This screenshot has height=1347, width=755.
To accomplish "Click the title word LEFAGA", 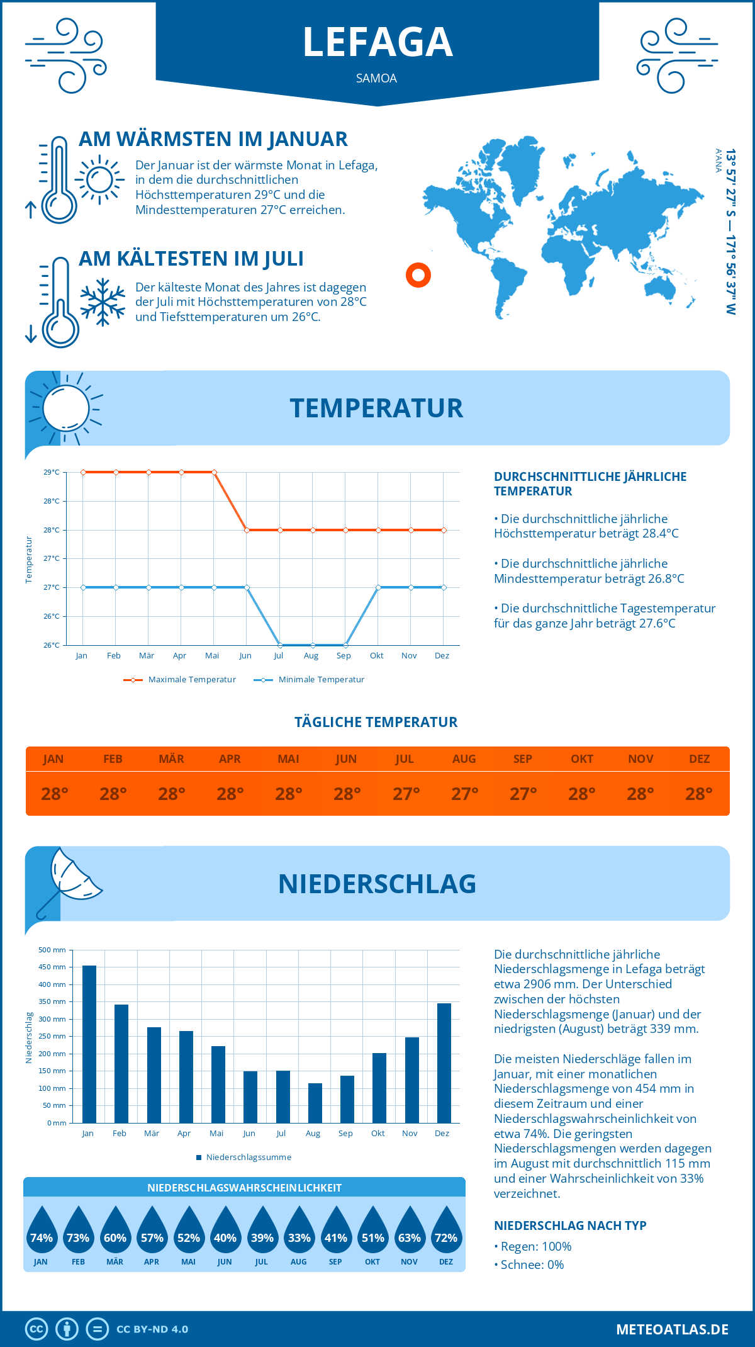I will (377, 43).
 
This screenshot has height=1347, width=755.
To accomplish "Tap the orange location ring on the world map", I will (418, 275).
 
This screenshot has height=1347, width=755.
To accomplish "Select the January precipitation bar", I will (89, 1044).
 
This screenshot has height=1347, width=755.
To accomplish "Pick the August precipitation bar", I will (315, 1102).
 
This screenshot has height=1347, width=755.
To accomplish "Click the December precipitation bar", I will (444, 1062).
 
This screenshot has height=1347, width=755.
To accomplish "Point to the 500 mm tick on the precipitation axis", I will (53, 950).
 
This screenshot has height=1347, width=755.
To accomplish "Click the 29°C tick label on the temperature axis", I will (52, 472).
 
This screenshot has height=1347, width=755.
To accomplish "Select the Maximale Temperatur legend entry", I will (180, 680).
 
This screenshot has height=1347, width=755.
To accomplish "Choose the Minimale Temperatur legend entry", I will (309, 680).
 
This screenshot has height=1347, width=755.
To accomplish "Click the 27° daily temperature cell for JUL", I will (406, 794).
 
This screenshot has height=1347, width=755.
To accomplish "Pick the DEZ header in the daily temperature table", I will (699, 759).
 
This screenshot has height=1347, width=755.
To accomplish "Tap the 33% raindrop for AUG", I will (299, 1234).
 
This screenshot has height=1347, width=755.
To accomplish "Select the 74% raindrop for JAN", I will (42, 1234).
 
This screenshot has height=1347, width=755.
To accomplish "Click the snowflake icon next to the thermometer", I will (103, 302).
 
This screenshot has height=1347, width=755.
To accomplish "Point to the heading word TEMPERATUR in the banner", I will (376, 408).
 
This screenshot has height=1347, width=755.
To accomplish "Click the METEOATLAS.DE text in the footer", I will (672, 1329).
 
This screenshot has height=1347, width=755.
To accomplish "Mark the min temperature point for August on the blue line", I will (313, 645).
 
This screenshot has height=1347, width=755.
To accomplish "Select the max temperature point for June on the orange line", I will (247, 530).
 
